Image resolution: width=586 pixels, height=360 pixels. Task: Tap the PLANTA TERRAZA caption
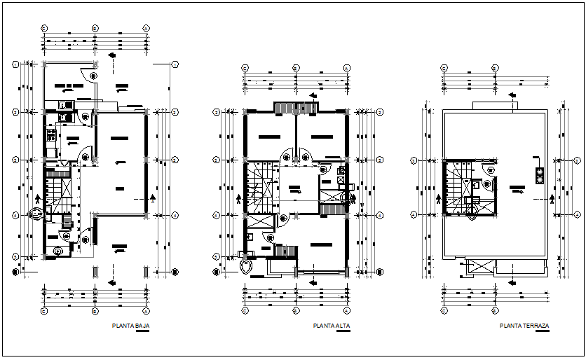524,326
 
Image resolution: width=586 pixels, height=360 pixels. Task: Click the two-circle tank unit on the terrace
539,175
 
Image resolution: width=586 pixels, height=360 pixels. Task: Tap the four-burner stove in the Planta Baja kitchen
50,136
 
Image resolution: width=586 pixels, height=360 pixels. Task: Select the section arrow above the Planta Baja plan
111,56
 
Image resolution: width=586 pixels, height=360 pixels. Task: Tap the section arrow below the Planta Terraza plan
512,283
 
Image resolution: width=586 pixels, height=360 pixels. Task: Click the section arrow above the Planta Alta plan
311,97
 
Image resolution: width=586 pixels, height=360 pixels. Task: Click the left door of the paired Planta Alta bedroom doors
287,157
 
